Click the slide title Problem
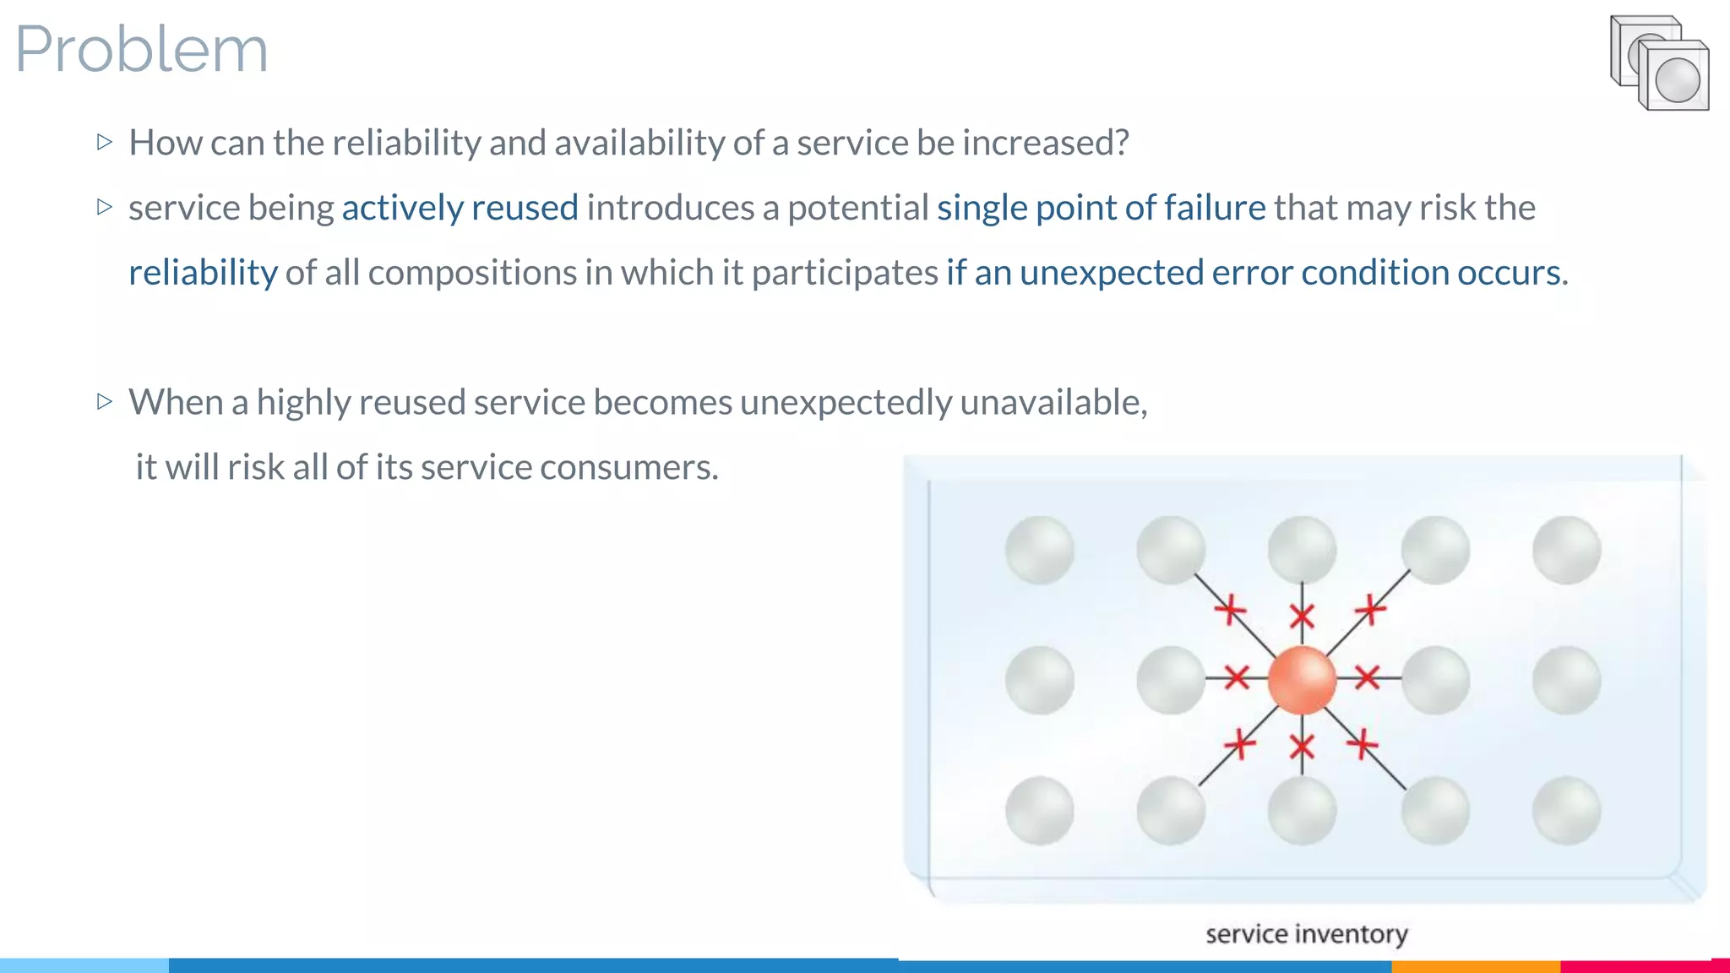141,49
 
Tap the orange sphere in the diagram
1302,680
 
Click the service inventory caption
1306,934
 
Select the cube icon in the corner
1659,63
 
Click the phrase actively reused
460,208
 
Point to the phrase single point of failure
1101,208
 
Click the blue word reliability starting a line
203,273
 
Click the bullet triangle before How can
105,142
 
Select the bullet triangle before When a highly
105,401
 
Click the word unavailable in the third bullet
1052,402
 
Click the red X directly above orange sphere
1302,617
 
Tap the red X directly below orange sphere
1302,747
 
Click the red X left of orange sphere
1237,677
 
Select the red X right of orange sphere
1367,677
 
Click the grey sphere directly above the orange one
1302,550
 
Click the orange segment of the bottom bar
1475,965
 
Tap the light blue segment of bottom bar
84,965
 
